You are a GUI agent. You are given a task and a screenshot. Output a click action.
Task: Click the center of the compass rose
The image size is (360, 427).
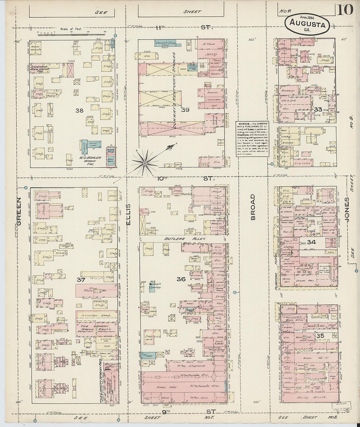point(144,162)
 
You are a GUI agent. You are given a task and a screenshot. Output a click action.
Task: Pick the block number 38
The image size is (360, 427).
point(79,111)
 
